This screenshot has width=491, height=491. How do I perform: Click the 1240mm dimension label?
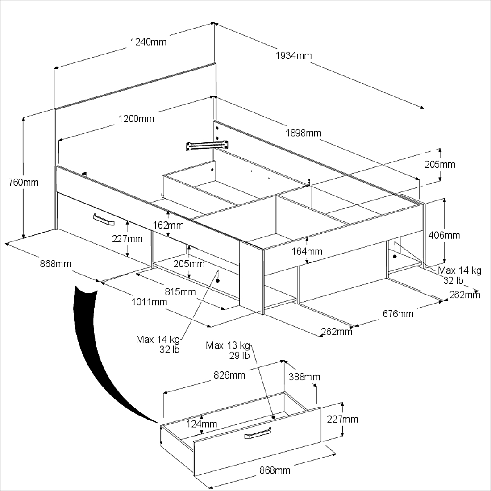click(148, 42)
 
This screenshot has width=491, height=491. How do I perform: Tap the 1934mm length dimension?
click(293, 55)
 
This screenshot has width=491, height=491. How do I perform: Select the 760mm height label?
click(24, 182)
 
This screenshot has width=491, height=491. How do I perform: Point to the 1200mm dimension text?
click(136, 119)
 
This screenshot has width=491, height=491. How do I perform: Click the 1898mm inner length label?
click(303, 133)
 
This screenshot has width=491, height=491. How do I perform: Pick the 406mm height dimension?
click(444, 235)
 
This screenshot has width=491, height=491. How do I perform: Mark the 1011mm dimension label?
click(149, 302)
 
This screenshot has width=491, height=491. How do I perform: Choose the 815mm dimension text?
click(180, 291)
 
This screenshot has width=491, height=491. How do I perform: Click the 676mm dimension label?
click(398, 313)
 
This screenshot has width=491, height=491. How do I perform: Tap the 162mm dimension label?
click(168, 225)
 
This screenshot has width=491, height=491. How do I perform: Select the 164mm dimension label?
click(307, 251)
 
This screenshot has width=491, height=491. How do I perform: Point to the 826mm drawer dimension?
click(229, 375)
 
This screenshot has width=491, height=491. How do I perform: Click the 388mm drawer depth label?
click(304, 377)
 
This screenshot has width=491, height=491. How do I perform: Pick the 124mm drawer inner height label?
click(202, 424)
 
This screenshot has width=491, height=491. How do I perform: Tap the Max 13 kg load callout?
click(228, 350)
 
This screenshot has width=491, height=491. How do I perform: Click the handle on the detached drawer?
click(258, 433)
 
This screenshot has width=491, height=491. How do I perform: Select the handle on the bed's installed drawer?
click(104, 220)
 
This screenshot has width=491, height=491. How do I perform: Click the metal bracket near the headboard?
click(207, 146)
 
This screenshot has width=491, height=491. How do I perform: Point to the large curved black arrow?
click(94, 351)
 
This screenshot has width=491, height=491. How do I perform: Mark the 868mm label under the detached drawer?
click(275, 470)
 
